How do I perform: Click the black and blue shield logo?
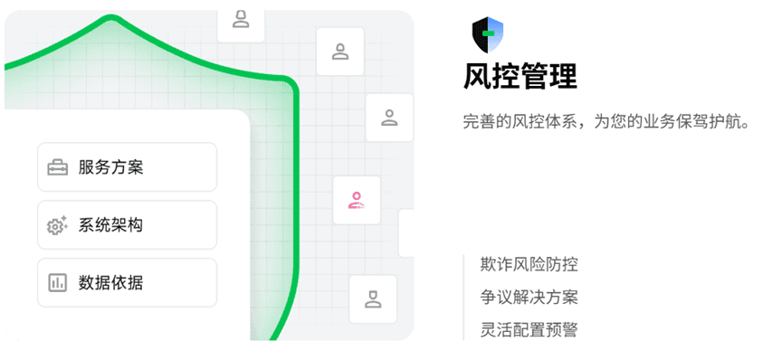pyautogui.click(x=487, y=34)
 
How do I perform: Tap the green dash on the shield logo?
pyautogui.click(x=490, y=33)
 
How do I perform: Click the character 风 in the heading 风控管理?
pyautogui.click(x=477, y=76)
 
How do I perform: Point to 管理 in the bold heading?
pyautogui.click(x=548, y=76)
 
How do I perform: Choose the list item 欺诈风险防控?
pyautogui.click(x=529, y=264)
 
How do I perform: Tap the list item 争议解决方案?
pyautogui.click(x=529, y=297)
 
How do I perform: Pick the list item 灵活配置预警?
pyautogui.click(x=529, y=329)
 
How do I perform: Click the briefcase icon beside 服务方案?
pyautogui.click(x=58, y=167)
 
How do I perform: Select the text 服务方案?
pyautogui.click(x=110, y=167)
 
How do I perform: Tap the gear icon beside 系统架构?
pyautogui.click(x=58, y=225)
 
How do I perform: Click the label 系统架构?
pyautogui.click(x=110, y=225)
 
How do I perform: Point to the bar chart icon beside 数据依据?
pyautogui.click(x=58, y=283)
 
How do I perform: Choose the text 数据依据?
pyautogui.click(x=110, y=283)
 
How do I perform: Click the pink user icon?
pyautogui.click(x=357, y=201)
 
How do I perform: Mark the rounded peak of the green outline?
pyautogui.click(x=110, y=19)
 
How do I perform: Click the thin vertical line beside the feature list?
pyautogui.click(x=463, y=297)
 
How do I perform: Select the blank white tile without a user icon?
pyautogui.click(x=406, y=233)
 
